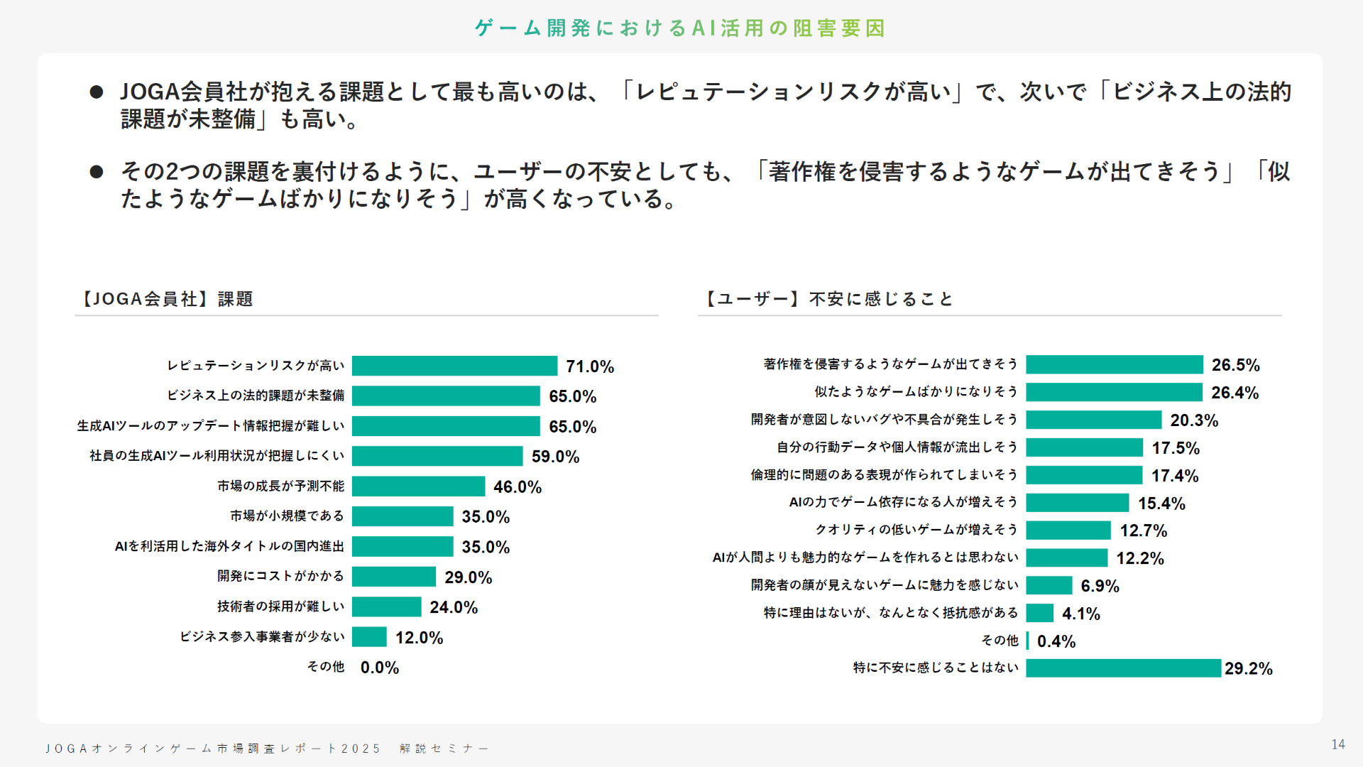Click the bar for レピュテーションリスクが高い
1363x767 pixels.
coord(454,366)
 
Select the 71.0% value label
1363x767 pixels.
coord(589,366)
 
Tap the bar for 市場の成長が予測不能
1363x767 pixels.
coord(418,486)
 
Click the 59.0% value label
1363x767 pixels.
coord(555,457)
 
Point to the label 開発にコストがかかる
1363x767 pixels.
coord(280,576)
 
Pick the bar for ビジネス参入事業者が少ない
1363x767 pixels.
coord(369,637)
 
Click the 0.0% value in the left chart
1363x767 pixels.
coord(380,668)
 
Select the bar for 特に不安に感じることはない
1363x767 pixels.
coord(1123,668)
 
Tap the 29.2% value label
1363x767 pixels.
coord(1249,668)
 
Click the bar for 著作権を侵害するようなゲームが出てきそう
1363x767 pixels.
coord(1115,364)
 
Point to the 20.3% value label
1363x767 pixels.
coord(1194,420)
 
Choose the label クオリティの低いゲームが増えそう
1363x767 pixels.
coord(916,530)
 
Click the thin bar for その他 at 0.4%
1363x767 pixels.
coord(1027,641)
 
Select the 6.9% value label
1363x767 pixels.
coord(1100,586)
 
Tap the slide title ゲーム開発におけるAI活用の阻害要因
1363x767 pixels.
coord(680,28)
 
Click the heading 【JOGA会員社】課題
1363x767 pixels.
coord(165,299)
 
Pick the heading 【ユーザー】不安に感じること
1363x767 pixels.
coord(828,299)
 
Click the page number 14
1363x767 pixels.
coord(1338,744)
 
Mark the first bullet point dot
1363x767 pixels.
coord(97,92)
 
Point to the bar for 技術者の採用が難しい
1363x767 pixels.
coord(387,607)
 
